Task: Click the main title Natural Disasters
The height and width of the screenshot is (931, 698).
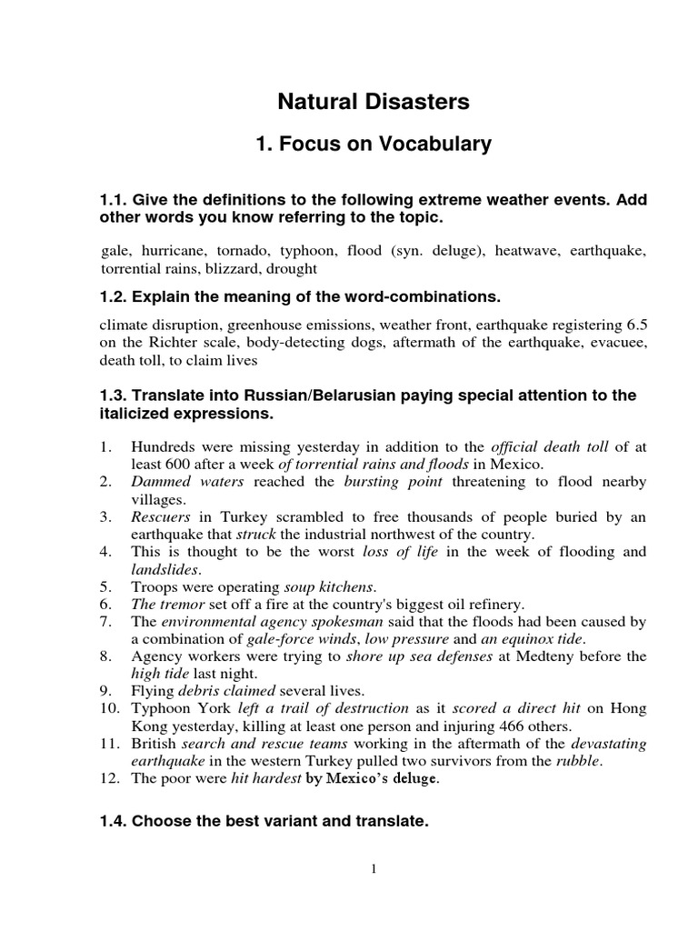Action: [373, 102]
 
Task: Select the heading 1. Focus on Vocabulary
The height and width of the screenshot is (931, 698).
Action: [373, 144]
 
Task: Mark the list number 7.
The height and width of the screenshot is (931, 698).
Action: [105, 622]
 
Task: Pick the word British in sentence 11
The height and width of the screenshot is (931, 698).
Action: [155, 744]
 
